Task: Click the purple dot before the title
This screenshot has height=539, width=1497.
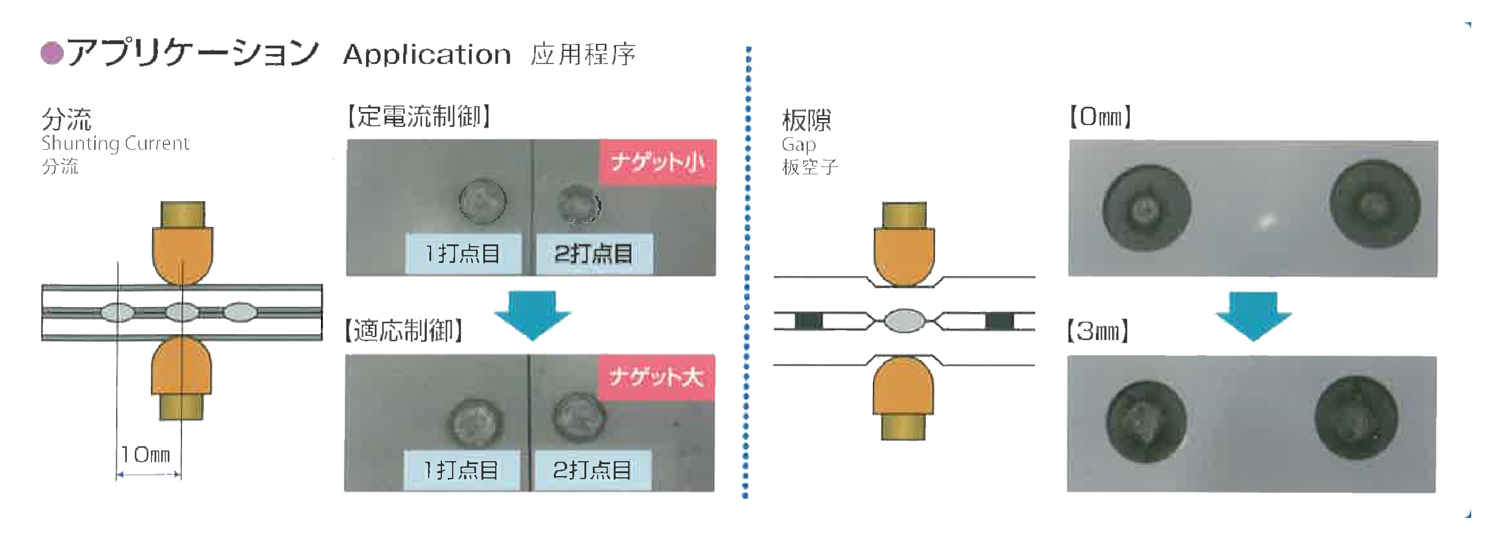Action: point(52,53)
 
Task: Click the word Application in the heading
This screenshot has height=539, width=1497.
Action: point(427,55)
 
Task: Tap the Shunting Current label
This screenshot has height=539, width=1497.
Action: point(115,144)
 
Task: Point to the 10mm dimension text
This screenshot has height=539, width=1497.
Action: point(146,455)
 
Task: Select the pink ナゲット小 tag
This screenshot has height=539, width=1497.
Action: point(657,162)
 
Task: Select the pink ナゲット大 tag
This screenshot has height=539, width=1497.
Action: point(656,377)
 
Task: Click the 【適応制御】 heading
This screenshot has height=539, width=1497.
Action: point(404,330)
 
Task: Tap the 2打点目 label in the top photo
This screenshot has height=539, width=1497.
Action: point(593,254)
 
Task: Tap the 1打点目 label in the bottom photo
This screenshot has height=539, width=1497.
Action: point(461,470)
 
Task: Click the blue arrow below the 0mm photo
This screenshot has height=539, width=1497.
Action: point(1253,314)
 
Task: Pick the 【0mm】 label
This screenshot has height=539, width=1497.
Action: point(1101,117)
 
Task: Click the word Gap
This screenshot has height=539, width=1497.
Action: point(799,145)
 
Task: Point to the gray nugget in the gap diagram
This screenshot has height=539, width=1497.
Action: point(905,320)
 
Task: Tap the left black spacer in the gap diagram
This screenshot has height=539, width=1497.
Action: point(808,321)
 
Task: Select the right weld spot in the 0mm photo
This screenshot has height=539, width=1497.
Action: point(1374,204)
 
